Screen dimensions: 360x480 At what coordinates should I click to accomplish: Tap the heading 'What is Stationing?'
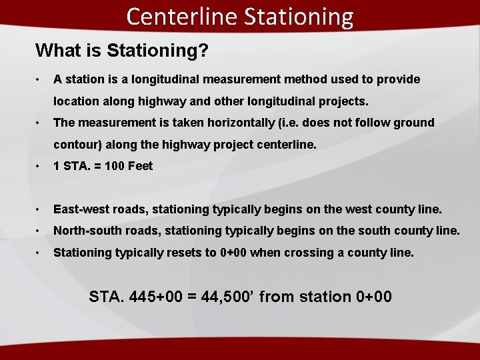coord(121,50)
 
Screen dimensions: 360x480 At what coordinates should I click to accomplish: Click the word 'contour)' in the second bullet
coord(76,145)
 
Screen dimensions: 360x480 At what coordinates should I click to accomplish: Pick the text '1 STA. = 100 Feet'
coord(103,166)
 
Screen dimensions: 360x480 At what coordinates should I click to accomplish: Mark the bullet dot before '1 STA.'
coord(41,166)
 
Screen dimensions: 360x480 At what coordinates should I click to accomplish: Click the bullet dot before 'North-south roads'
coord(41,231)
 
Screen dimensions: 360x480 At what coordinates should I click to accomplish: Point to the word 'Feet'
coord(141,166)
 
